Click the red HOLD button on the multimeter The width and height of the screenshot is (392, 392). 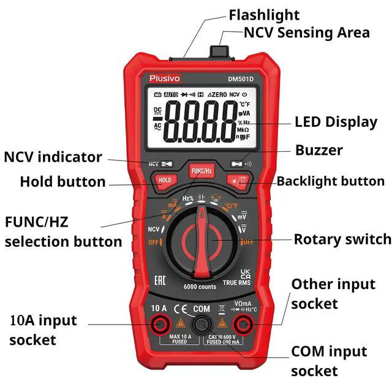click(165, 181)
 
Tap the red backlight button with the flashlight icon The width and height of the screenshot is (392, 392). click(236, 181)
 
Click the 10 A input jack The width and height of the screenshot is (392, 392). click(161, 323)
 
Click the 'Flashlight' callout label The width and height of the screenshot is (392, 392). click(264, 15)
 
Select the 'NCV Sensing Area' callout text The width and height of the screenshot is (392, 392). click(307, 32)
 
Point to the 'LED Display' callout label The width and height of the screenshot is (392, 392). click(336, 122)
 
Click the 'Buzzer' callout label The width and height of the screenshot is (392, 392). click(319, 150)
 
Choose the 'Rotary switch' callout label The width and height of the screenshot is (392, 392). click(342, 239)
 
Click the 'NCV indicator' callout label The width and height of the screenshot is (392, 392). click(53, 157)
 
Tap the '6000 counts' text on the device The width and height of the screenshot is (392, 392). click(200, 287)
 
